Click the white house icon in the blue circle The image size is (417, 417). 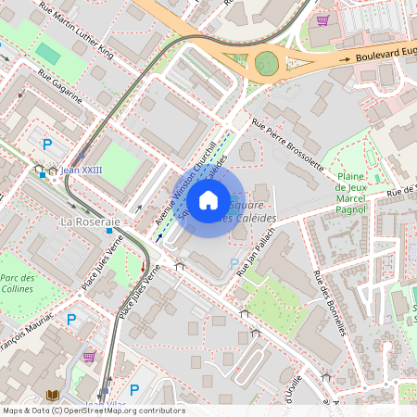(x=208, y=199)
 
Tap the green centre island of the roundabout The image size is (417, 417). (x=267, y=63)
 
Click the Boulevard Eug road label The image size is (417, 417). (x=385, y=57)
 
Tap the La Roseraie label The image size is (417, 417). (x=91, y=222)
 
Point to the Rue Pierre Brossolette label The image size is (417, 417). (x=288, y=144)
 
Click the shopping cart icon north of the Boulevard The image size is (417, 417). (x=322, y=19)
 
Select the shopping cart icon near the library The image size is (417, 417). (x=89, y=356)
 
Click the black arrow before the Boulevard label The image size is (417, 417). (x=346, y=57)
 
